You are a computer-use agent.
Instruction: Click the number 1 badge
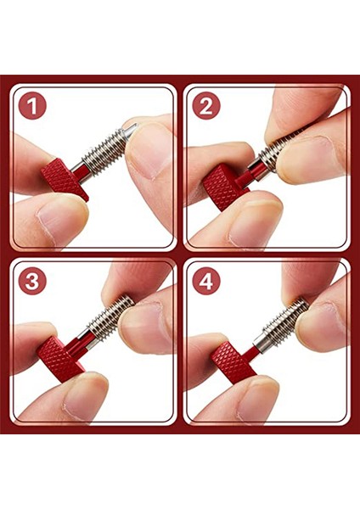32,106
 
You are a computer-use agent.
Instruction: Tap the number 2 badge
205,106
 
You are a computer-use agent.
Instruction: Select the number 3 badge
32,281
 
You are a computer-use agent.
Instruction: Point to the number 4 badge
205,281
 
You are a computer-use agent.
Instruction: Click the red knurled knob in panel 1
65,176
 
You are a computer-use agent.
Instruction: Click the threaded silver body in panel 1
105,147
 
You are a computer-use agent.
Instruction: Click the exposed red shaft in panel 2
249,170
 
